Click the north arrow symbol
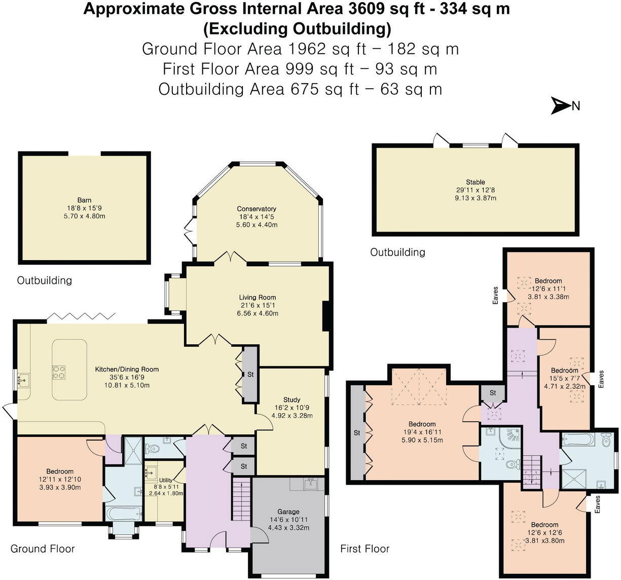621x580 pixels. tap(562, 106)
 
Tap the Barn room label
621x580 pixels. tap(84, 200)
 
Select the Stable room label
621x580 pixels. tap(475, 182)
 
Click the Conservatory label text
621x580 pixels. tap(257, 209)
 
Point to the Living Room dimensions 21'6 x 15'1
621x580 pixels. tap(258, 306)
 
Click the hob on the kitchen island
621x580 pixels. tap(58, 373)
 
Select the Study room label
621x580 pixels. tap(291, 400)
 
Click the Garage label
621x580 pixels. tap(288, 512)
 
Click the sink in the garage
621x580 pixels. tap(310, 484)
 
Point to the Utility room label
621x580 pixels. tap(166, 480)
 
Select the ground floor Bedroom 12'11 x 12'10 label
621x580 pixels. tap(60, 472)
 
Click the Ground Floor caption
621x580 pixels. tap(43, 549)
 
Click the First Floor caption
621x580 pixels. tap(364, 549)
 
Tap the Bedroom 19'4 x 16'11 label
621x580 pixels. tap(422, 424)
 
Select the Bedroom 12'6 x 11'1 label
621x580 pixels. tap(548, 281)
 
